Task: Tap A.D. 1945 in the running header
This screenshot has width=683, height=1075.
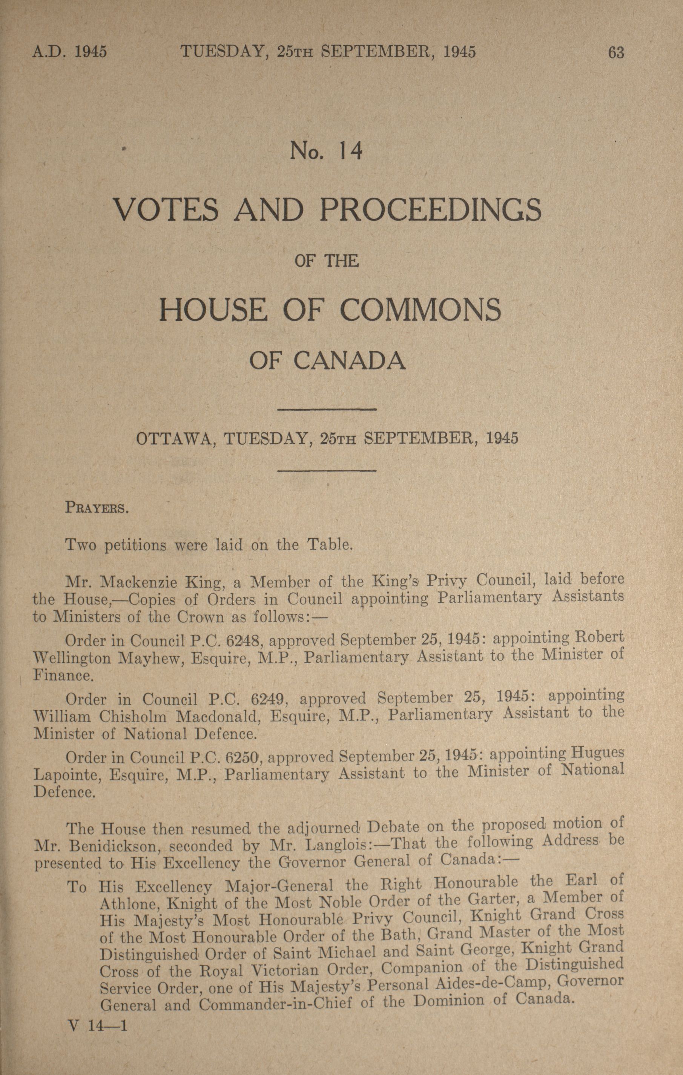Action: (70, 52)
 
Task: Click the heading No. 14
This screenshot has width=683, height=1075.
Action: (325, 151)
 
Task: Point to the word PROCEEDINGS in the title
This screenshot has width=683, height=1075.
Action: (431, 210)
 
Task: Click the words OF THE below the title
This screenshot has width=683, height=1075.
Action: (327, 261)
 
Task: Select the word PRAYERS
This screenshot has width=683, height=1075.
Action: (97, 508)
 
